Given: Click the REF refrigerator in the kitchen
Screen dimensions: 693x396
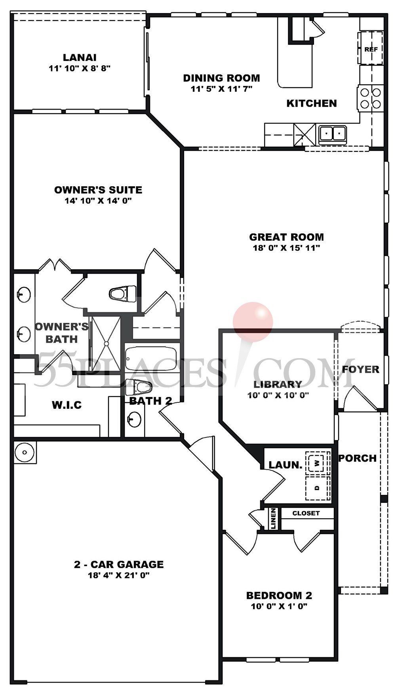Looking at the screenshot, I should coord(371,49).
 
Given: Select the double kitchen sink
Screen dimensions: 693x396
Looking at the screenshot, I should coord(332,133).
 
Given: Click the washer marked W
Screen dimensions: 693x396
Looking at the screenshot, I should coord(317,462).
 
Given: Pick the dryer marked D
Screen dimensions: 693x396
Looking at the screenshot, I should coord(317,487).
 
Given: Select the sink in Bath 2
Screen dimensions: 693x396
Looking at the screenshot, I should coord(135,419).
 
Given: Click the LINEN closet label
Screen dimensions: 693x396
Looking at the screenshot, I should coord(274,518).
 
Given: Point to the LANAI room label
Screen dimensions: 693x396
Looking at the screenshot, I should coord(79,58).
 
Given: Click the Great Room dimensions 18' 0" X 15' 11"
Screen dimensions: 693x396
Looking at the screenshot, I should coord(286,248).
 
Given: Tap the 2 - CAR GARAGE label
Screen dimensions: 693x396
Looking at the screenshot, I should coord(118,564).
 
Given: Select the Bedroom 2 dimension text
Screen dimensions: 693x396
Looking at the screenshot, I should coord(279,606).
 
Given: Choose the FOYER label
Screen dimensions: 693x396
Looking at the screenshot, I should coord(360,369).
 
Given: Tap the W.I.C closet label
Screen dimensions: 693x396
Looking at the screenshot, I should coord(67,405).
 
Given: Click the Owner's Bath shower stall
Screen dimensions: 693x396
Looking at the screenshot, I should coord(106,344).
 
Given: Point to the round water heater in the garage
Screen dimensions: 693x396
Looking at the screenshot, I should coord(25,452).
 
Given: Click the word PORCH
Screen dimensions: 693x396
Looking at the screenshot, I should coord(357,458).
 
